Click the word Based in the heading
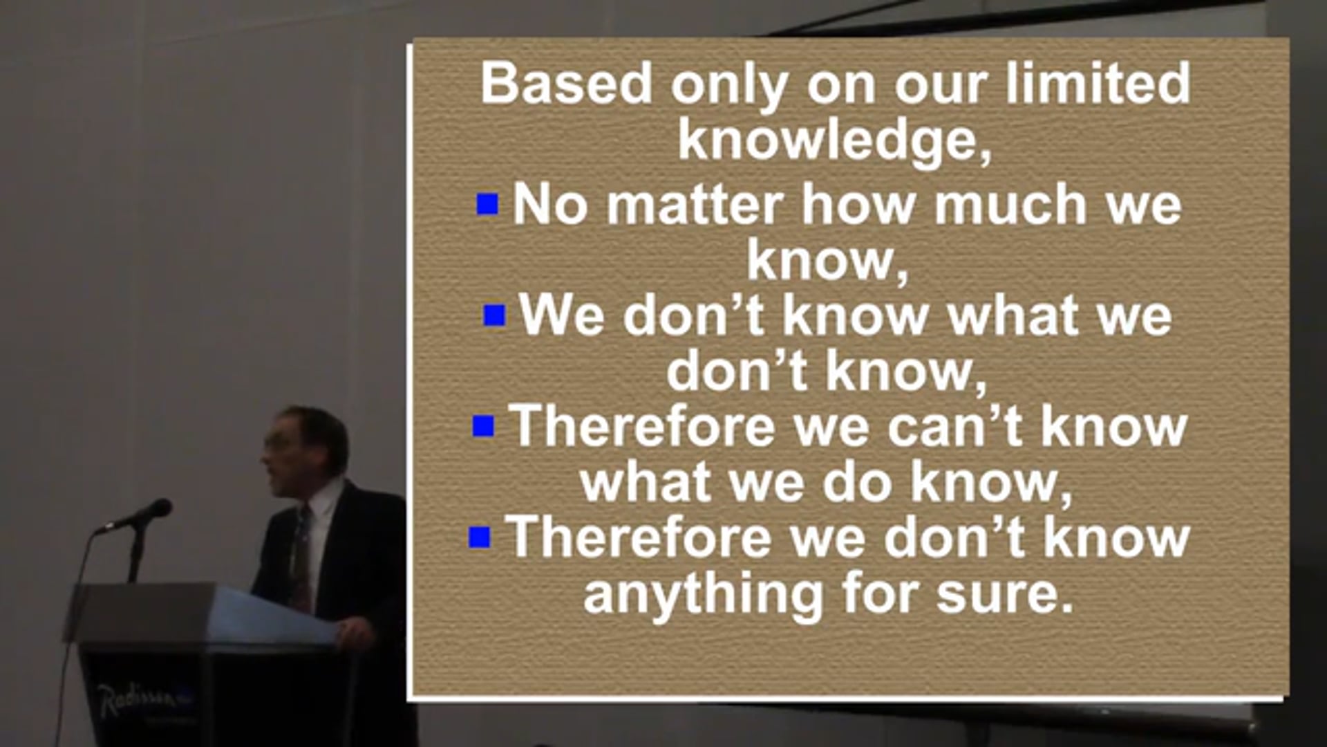tap(566, 83)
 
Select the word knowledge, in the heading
tap(834, 140)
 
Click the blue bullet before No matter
tap(488, 204)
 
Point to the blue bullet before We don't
tap(494, 315)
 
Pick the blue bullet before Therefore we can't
tap(484, 425)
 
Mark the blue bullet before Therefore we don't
tap(480, 537)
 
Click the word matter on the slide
tap(695, 205)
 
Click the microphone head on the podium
tap(156, 512)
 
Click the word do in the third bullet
tap(857, 481)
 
